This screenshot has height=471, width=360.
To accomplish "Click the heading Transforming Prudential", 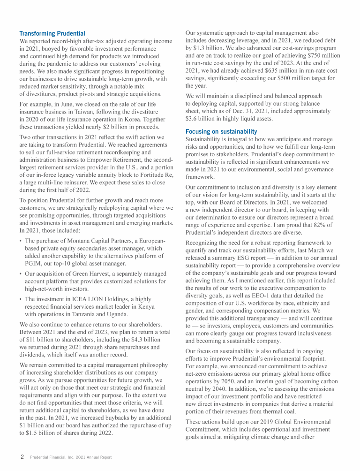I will [52, 33].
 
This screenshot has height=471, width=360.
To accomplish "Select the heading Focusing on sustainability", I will [221, 132].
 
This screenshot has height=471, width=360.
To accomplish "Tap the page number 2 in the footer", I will [22, 456].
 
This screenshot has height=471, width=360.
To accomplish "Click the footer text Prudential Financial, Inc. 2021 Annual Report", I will [71, 457].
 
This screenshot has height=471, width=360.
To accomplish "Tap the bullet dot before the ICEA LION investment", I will [21, 299].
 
